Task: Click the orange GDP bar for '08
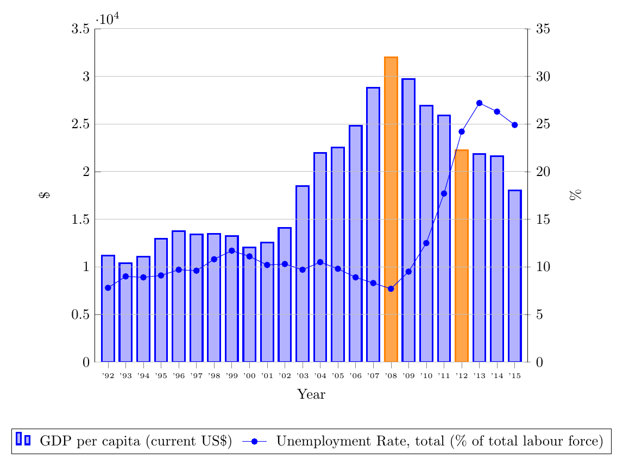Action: tap(391, 209)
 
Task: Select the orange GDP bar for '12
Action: tap(462, 256)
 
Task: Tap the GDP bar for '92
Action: tap(108, 309)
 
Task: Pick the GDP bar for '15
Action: tap(515, 276)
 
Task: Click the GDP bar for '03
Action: tap(303, 274)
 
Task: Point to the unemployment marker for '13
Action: tap(479, 103)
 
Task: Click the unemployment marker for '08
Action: tap(391, 288)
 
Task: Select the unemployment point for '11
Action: tap(444, 193)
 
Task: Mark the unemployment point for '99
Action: tap(232, 251)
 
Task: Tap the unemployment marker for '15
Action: tap(515, 125)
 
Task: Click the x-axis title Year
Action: tap(311, 395)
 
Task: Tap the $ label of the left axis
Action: tap(45, 196)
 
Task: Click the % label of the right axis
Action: tap(575, 196)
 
